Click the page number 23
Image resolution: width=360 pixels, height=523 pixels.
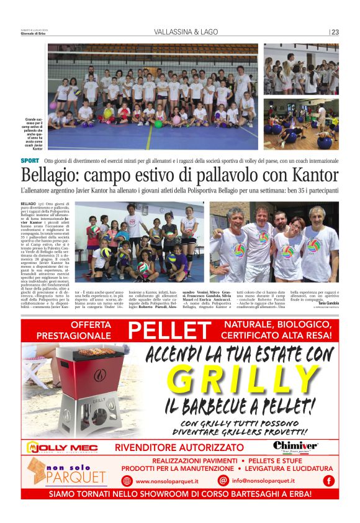(335, 32)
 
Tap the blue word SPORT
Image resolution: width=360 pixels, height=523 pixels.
(30, 161)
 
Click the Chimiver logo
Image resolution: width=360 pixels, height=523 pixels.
(295, 447)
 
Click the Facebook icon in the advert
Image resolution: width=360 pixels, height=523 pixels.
(328, 480)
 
